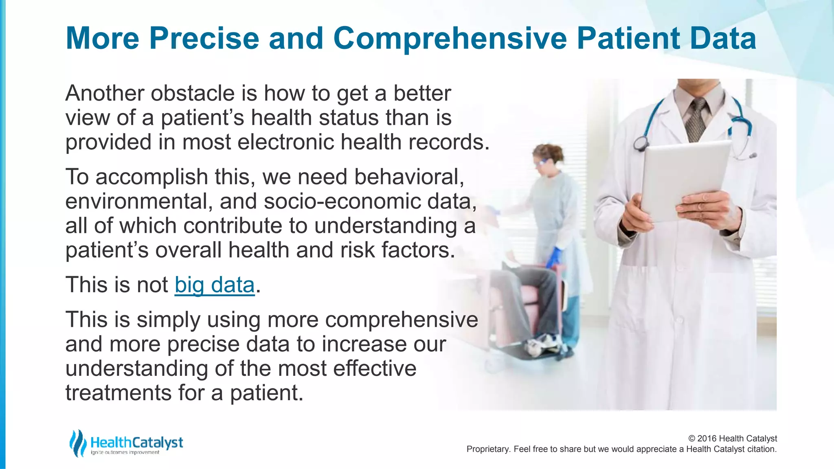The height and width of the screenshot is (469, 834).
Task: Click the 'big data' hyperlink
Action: click(215, 285)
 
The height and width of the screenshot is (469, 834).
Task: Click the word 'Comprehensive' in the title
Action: click(450, 39)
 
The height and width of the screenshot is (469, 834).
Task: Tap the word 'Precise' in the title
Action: click(204, 39)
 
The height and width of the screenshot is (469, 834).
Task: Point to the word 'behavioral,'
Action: click(409, 177)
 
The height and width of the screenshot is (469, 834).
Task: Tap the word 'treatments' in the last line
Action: click(118, 393)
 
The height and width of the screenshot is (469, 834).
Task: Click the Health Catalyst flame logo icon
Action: click(77, 443)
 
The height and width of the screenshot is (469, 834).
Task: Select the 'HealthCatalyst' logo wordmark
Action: click(137, 443)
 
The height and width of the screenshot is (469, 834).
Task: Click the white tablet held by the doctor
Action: click(684, 179)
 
